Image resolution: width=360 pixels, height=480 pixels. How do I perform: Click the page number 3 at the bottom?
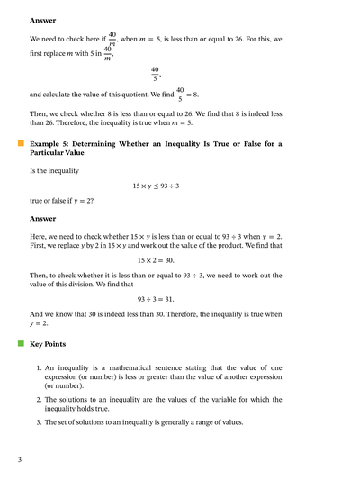[19, 460]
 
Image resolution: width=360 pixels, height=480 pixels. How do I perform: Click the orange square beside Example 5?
[20, 143]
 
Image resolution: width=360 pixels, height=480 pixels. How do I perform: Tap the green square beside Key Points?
[20, 343]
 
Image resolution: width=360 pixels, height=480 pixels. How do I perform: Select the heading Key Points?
[48, 344]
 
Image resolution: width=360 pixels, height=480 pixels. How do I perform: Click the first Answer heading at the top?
[43, 19]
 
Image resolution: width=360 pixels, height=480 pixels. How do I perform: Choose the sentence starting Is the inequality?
[58, 169]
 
